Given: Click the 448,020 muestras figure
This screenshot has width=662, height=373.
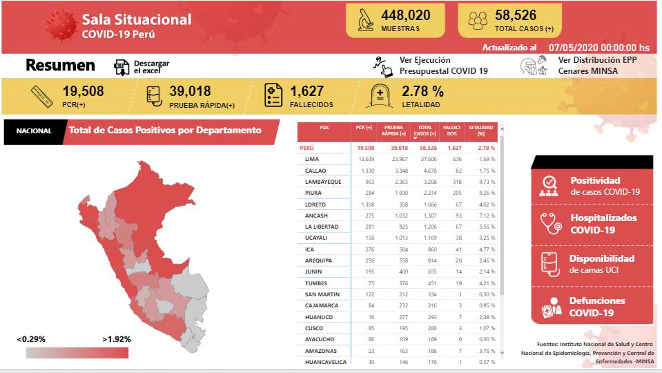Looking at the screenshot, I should [x=405, y=15].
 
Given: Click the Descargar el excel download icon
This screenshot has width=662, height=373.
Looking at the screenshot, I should [x=121, y=67].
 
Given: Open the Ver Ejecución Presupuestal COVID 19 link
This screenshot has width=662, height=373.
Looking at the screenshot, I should [x=443, y=66].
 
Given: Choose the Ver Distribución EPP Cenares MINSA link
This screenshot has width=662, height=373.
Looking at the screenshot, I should [x=597, y=66].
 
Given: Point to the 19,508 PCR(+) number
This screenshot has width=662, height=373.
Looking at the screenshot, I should [x=83, y=91].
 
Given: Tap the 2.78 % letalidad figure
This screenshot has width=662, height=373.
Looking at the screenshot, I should [x=422, y=91].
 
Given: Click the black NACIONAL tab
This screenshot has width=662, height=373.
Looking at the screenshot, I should [x=34, y=131].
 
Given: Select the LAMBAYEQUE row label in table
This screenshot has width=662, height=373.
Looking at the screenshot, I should [x=324, y=182].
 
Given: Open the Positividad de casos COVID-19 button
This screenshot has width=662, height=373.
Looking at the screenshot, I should [x=592, y=186].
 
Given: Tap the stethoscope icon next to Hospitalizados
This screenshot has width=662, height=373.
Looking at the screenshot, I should [x=549, y=223].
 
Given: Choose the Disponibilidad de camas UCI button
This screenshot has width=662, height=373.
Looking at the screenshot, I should [x=592, y=264].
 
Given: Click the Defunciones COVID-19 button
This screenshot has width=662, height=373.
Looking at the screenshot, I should [x=592, y=306].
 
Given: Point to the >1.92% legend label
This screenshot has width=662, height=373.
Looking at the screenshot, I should [x=116, y=339].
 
